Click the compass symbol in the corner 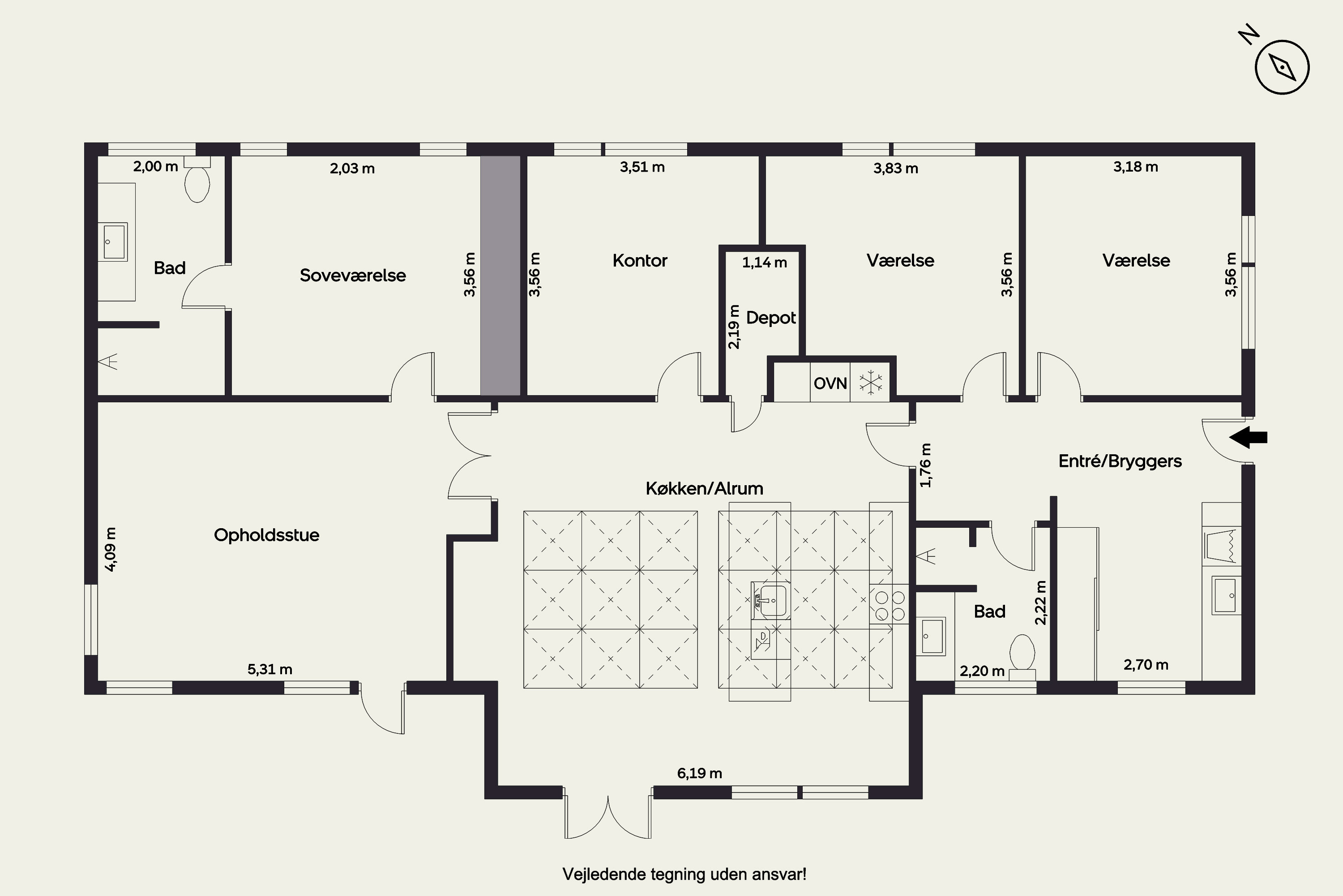[1282, 68]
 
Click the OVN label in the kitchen [830, 383]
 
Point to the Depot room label [771, 318]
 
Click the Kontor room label [640, 261]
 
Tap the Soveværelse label [353, 276]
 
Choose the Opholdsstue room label [267, 535]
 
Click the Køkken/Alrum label [704, 489]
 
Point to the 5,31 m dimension [269, 669]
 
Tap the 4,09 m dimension [111, 549]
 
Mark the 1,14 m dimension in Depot [765, 263]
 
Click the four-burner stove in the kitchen [890, 606]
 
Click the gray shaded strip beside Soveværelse [500, 276]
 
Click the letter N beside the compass [1249, 50]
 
